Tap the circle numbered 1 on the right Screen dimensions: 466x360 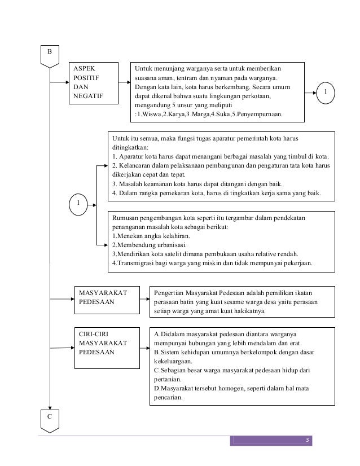point(326,92)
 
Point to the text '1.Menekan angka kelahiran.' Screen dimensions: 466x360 point(149,235)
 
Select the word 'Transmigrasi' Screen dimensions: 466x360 point(134,263)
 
